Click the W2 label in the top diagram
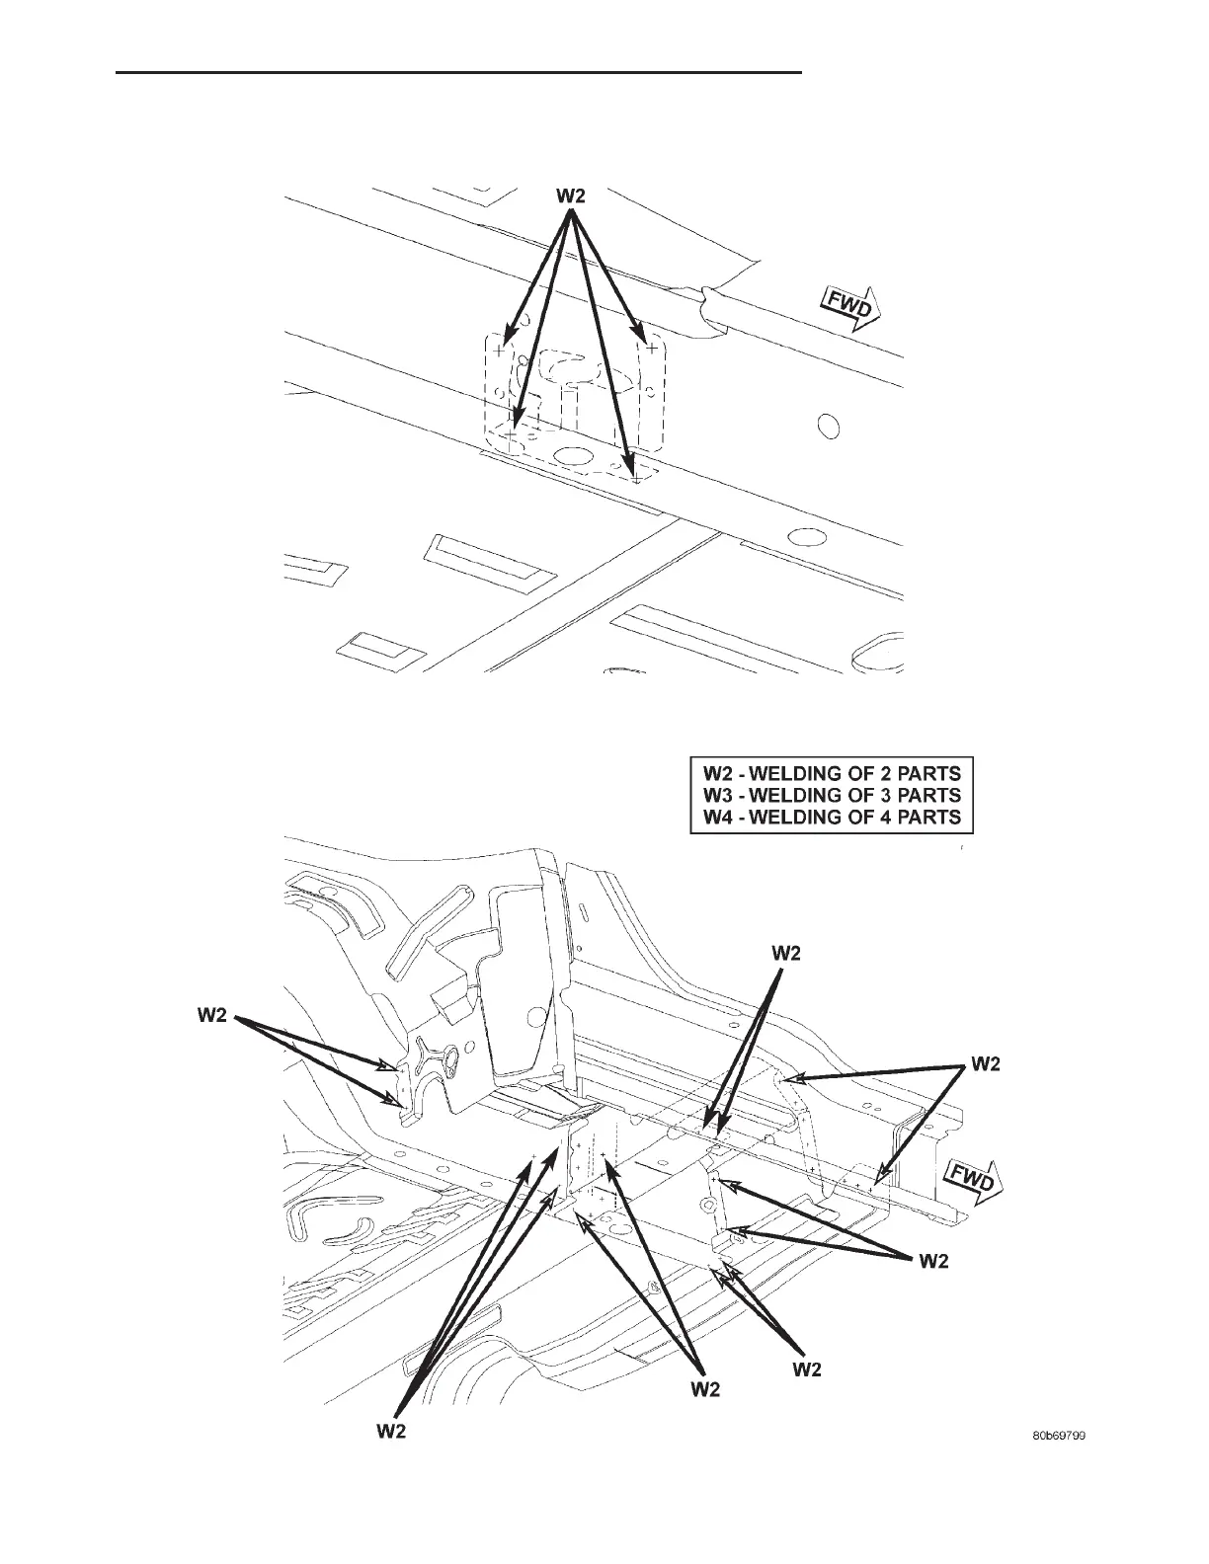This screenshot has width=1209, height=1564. (x=570, y=195)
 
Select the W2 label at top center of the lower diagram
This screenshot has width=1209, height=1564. (x=785, y=953)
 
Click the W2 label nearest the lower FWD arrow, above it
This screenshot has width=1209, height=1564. (x=986, y=1063)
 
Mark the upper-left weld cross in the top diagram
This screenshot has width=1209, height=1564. (x=501, y=350)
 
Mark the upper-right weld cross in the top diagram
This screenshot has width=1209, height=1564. (x=652, y=347)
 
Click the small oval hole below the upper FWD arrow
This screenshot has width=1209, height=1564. (x=829, y=427)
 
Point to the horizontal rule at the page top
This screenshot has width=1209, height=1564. (x=458, y=72)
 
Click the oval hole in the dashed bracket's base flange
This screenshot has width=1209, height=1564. (x=570, y=456)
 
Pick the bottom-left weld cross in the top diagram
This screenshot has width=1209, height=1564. (x=513, y=433)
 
